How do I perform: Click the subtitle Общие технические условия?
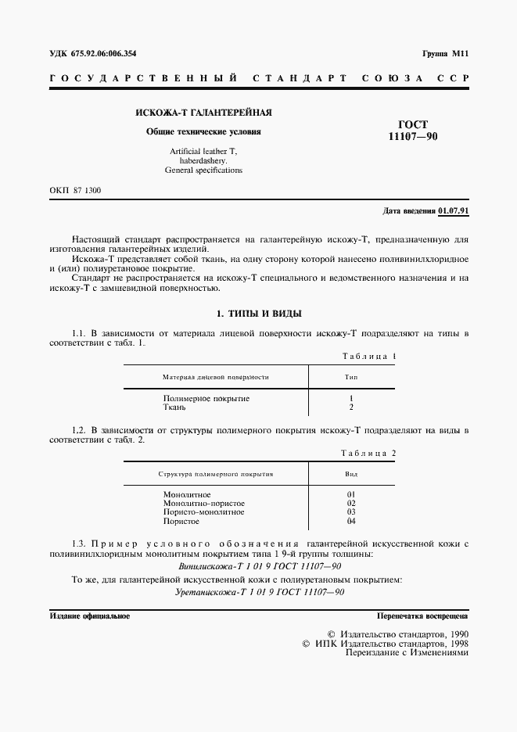pos(204,131)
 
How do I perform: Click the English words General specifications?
pos(204,170)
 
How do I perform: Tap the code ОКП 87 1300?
pos(75,191)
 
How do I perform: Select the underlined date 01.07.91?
pos(453,211)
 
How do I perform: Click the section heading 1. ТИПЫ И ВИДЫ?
pos(258,314)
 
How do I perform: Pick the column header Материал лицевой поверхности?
pos(215,376)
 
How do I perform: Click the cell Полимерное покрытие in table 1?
pos(206,398)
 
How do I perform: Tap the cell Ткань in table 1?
pos(174,407)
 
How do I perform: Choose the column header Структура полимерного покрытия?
pos(215,474)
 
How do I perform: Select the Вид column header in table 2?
pos(351,474)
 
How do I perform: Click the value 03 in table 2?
pos(351,512)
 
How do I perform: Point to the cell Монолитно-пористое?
pos(204,504)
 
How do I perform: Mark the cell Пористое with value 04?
pos(181,521)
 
